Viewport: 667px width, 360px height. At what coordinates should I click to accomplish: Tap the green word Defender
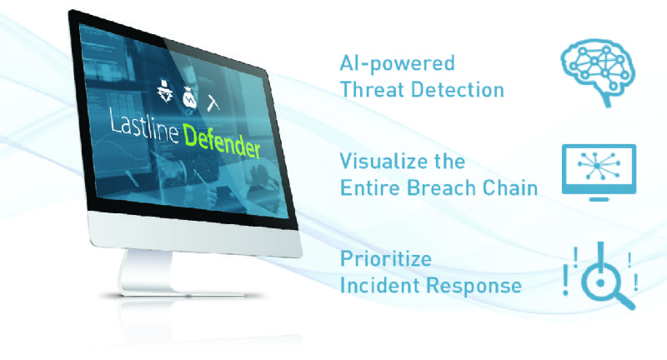(222, 142)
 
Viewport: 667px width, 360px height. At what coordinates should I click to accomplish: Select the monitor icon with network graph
(599, 172)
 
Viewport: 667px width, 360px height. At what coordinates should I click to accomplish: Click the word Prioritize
(386, 259)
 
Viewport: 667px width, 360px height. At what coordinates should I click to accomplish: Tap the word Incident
(380, 285)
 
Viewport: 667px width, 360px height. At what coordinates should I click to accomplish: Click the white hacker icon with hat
(165, 91)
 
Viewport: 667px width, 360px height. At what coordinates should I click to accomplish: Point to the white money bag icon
(190, 97)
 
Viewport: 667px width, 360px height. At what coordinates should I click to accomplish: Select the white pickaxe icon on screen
(213, 102)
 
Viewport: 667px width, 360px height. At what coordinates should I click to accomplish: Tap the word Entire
(370, 187)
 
